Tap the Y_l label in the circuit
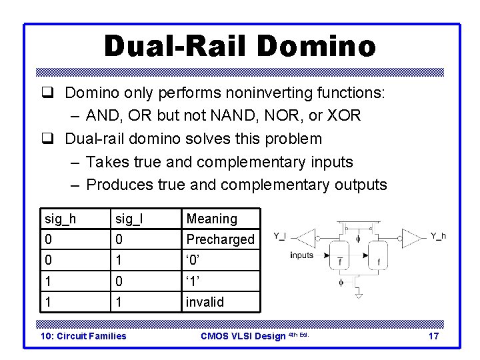(x=281, y=235)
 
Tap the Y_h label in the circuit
(x=438, y=235)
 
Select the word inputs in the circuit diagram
(x=301, y=255)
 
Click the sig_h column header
(x=60, y=219)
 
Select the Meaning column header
(x=211, y=219)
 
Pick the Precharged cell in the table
(x=220, y=239)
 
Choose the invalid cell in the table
(x=205, y=302)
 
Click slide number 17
(x=433, y=336)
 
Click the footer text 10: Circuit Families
(x=83, y=336)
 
